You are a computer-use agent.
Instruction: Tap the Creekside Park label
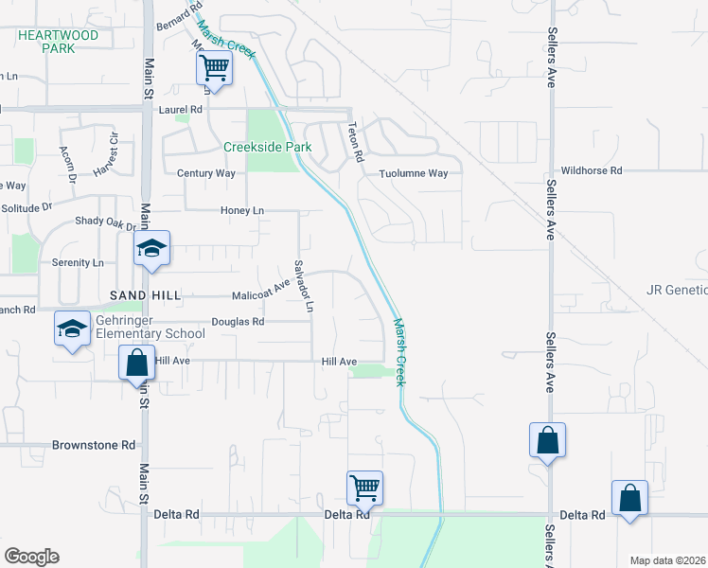[x=267, y=147]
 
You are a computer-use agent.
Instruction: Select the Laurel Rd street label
[x=181, y=110]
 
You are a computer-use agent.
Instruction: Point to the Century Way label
[x=205, y=173]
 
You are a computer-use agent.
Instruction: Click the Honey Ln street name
[x=240, y=210]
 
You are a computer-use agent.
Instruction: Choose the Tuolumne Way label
[x=413, y=173]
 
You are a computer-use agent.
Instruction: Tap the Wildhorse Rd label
[x=591, y=170]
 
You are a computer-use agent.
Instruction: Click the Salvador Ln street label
[x=303, y=286]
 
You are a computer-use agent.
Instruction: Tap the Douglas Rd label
[x=237, y=322]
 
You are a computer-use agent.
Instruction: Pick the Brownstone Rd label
[x=94, y=444]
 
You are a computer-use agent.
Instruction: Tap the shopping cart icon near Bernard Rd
[x=215, y=68]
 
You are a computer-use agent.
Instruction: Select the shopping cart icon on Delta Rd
[x=364, y=488]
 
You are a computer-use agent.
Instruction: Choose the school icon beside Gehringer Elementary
[x=72, y=328]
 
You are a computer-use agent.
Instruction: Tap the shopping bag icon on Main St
[x=136, y=363]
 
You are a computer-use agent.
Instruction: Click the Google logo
[x=31, y=557]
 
